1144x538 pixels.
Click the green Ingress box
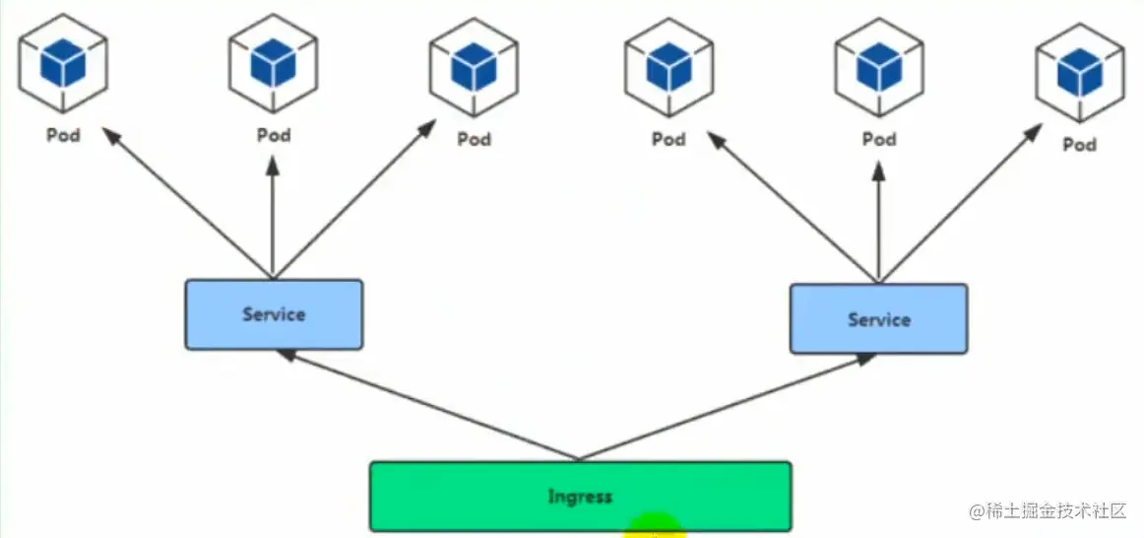(580, 496)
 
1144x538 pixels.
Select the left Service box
(274, 314)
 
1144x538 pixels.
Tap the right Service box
(878, 318)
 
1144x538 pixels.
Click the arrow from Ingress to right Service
(729, 407)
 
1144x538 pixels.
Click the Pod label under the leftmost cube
(63, 135)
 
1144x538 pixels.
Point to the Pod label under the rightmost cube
(1079, 145)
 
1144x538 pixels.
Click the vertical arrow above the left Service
(273, 212)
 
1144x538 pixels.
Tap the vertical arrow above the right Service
(878, 222)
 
